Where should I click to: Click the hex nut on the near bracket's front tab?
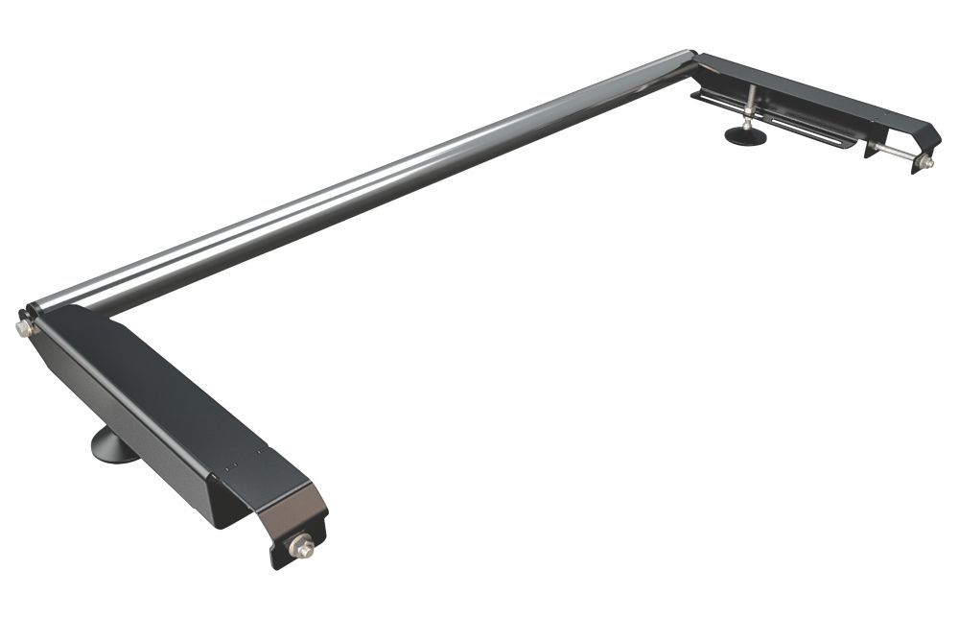click(x=304, y=549)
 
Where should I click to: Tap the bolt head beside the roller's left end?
click(x=23, y=329)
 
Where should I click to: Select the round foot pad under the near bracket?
click(x=114, y=447)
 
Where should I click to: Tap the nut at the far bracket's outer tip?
click(x=925, y=164)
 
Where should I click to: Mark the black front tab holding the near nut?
click(x=288, y=547)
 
